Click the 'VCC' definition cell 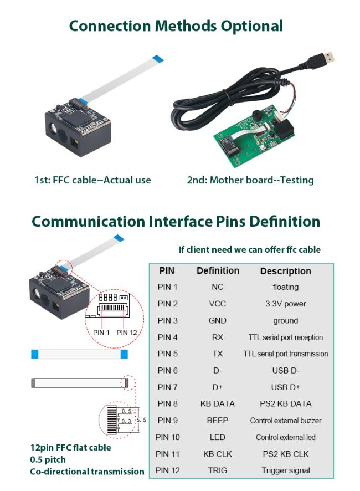[218, 304]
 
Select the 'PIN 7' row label [168, 387]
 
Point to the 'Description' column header [285, 271]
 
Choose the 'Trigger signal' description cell [285, 470]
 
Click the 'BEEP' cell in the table [218, 420]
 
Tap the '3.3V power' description [285, 304]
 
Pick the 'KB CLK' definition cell [218, 454]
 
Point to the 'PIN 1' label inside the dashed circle [101, 332]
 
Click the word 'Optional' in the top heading [251, 26]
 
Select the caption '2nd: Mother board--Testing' [250, 180]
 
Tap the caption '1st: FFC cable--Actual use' [92, 180]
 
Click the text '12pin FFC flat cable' [70, 447]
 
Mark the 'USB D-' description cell [285, 370]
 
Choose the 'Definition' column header [218, 270]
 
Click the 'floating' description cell [285, 287]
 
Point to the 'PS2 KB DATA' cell [285, 403]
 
